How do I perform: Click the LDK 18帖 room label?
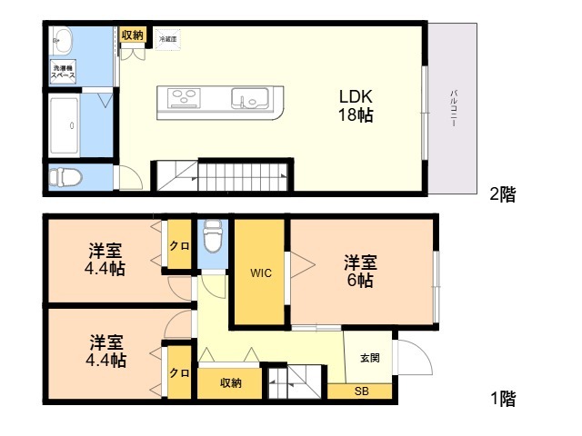(x=356, y=105)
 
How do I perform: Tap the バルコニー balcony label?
(x=453, y=109)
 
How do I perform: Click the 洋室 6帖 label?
(x=359, y=272)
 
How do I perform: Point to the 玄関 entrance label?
(x=369, y=357)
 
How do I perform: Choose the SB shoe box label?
(x=361, y=391)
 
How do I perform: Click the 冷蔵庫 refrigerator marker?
(x=167, y=39)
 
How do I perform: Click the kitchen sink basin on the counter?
(x=249, y=98)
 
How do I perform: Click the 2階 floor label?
(x=502, y=193)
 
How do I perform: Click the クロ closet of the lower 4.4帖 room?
(x=179, y=373)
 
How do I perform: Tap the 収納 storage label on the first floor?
(x=230, y=382)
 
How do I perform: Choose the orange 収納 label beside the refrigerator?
(x=132, y=35)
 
